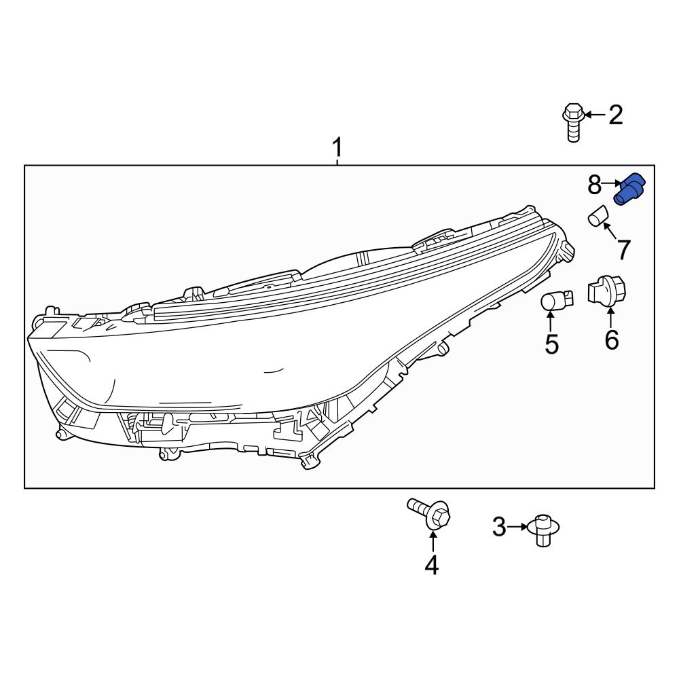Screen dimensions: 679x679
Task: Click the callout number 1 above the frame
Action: pyautogui.click(x=337, y=147)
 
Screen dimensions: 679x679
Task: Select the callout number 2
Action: pyautogui.click(x=615, y=115)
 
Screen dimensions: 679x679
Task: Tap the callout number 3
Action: pyautogui.click(x=499, y=527)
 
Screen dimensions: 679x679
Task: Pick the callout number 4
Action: pyautogui.click(x=432, y=565)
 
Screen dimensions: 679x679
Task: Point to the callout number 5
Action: pyautogui.click(x=551, y=345)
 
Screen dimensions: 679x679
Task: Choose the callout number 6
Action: pyautogui.click(x=612, y=340)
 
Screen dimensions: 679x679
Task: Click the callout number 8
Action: pyautogui.click(x=594, y=183)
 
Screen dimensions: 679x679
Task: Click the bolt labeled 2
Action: pyautogui.click(x=573, y=122)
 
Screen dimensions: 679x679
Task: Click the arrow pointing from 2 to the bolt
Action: pyautogui.click(x=594, y=115)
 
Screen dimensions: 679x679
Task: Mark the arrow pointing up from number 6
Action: pyautogui.click(x=611, y=317)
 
